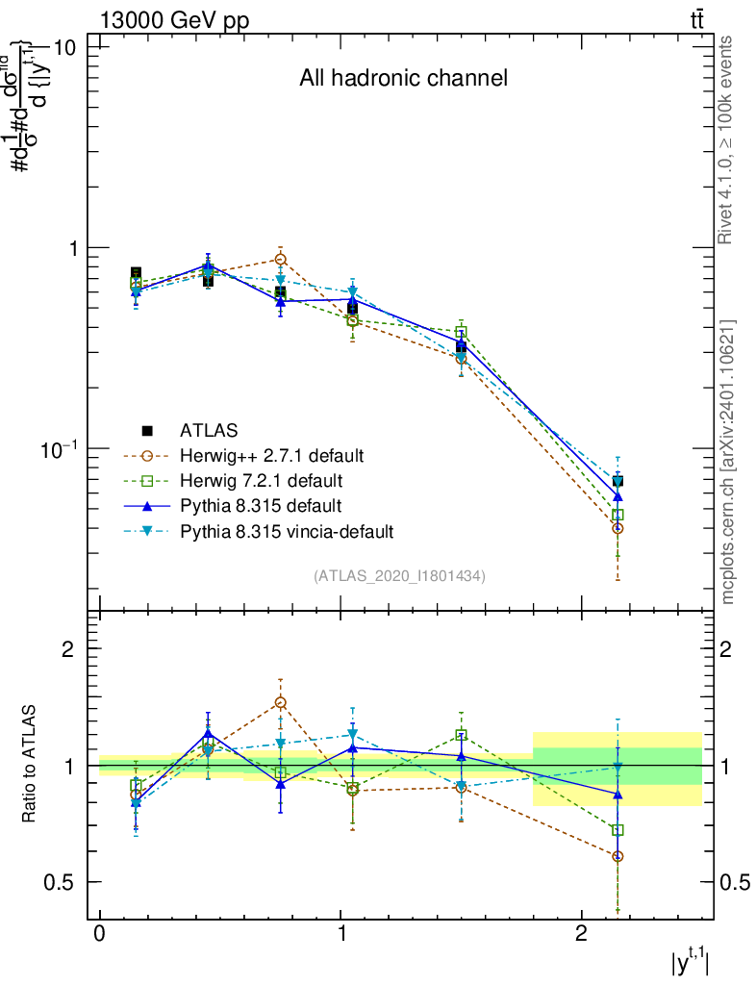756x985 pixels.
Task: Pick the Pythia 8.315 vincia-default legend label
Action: pyautogui.click(x=286, y=530)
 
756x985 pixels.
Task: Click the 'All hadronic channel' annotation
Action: pyautogui.click(x=403, y=78)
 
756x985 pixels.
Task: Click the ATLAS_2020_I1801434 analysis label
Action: pyautogui.click(x=399, y=575)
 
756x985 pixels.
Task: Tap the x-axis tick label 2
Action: pyautogui.click(x=581, y=935)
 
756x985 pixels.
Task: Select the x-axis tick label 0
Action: pyautogui.click(x=100, y=935)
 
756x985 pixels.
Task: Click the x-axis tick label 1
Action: pyautogui.click(x=340, y=935)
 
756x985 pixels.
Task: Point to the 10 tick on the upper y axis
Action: pyautogui.click(x=71, y=47)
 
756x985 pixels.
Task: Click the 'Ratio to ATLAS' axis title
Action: pyautogui.click(x=30, y=764)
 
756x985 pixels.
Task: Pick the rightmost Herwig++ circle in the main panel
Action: pyautogui.click(x=617, y=528)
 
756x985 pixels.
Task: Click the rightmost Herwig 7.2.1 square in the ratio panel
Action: pyautogui.click(x=617, y=829)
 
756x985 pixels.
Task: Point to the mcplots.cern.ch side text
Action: pyautogui.click(x=728, y=462)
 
